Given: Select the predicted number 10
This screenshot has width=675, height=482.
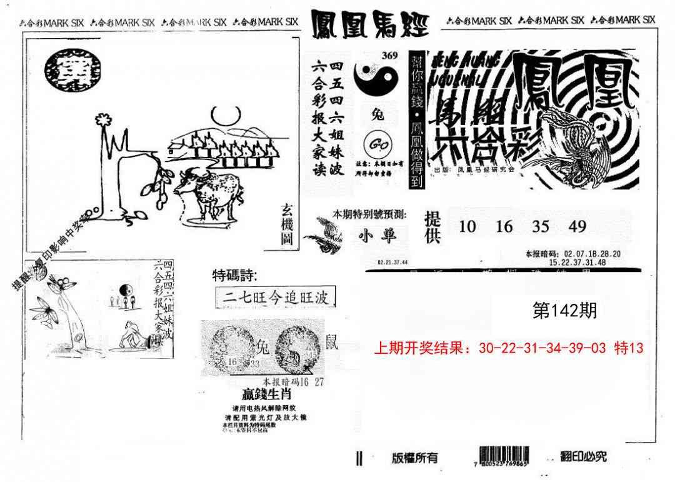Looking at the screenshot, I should [467, 226].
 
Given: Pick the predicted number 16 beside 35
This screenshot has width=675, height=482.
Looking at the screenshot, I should [504, 226].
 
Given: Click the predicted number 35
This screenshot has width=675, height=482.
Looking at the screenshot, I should [541, 226].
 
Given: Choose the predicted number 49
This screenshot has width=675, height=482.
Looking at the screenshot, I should [577, 226].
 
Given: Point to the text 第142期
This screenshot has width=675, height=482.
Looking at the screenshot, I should [564, 311].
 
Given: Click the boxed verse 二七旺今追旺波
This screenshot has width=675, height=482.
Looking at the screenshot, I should [275, 297].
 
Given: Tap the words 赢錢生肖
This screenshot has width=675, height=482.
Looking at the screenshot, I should [267, 394].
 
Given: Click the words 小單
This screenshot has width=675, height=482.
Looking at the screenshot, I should [374, 236].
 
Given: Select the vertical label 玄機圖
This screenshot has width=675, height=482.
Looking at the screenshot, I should [287, 226].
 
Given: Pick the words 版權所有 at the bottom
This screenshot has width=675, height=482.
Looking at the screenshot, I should [414, 458].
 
